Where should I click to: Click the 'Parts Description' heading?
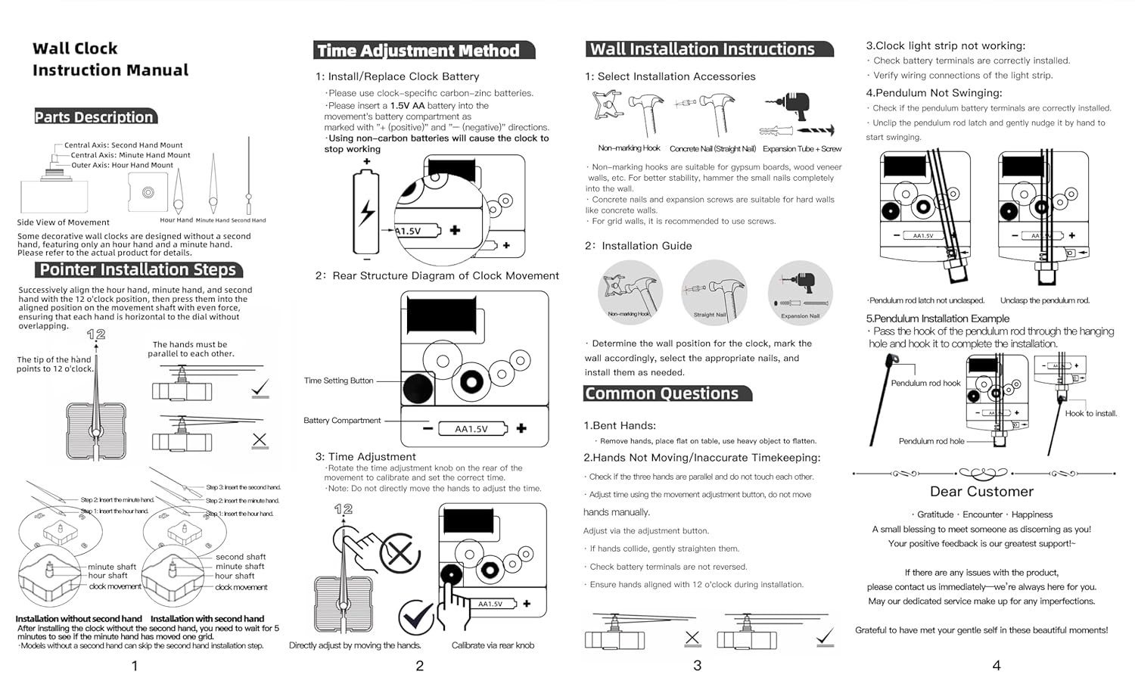click(x=95, y=117)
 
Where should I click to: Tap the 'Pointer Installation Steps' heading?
click(x=138, y=270)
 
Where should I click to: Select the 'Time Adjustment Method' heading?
click(x=418, y=51)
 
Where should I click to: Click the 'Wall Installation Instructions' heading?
click(x=702, y=49)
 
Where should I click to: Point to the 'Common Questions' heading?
click(x=661, y=393)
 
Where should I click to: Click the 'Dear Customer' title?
click(x=981, y=492)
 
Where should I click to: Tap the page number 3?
click(x=697, y=665)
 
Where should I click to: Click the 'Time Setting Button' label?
click(x=338, y=381)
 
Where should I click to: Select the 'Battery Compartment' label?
click(x=342, y=421)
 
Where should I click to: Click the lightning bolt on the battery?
click(x=367, y=213)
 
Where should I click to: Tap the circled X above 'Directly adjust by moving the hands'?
click(x=400, y=553)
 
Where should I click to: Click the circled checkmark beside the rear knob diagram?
click(x=415, y=617)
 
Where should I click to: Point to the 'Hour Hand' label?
click(x=176, y=220)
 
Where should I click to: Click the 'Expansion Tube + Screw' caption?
click(x=801, y=149)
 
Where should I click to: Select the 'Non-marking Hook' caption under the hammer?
click(x=629, y=148)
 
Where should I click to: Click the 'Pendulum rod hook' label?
click(x=925, y=384)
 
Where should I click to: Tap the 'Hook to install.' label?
click(x=1090, y=413)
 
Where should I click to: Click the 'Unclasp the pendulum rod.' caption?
click(x=1044, y=300)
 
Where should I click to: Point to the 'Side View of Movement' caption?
click(x=64, y=222)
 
